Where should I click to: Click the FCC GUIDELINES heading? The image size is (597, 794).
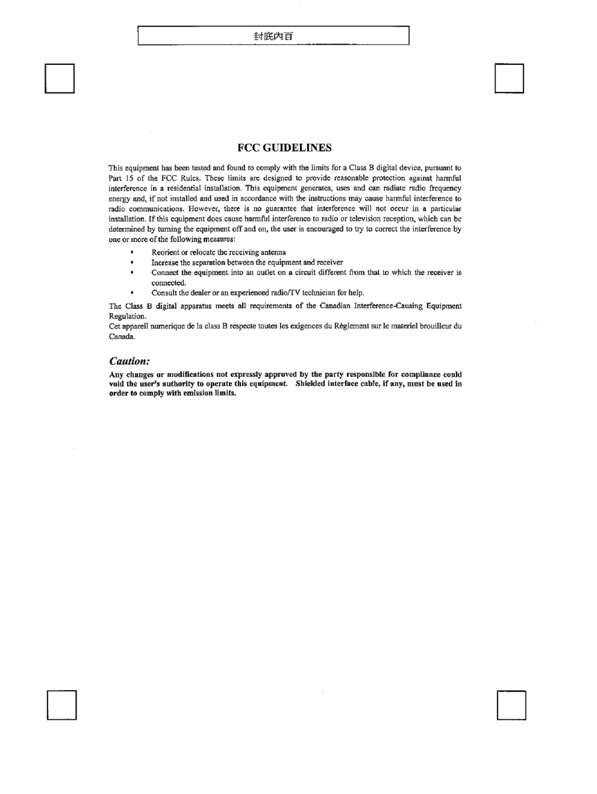pos(284,148)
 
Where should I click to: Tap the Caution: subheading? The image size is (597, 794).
pos(129,361)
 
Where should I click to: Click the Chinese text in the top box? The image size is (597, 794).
pos(273,36)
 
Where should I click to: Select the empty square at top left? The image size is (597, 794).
pos(60,78)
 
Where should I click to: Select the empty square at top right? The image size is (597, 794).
pos(509,78)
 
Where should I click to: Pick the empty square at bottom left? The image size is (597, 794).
pos(62,705)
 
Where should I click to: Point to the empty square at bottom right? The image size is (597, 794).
pos(511,705)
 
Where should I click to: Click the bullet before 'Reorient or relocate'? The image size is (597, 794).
pos(132,252)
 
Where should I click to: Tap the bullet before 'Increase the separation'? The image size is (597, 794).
pos(132,262)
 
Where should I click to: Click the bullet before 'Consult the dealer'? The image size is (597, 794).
pos(132,293)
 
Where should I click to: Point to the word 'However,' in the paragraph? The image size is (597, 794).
pos(203,208)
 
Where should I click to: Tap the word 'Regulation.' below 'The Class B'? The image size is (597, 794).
pos(127,316)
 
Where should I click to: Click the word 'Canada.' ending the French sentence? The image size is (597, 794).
pos(122,336)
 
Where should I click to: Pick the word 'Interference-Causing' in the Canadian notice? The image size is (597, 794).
pos(388,306)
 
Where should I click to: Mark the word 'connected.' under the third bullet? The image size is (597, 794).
pos(169,283)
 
